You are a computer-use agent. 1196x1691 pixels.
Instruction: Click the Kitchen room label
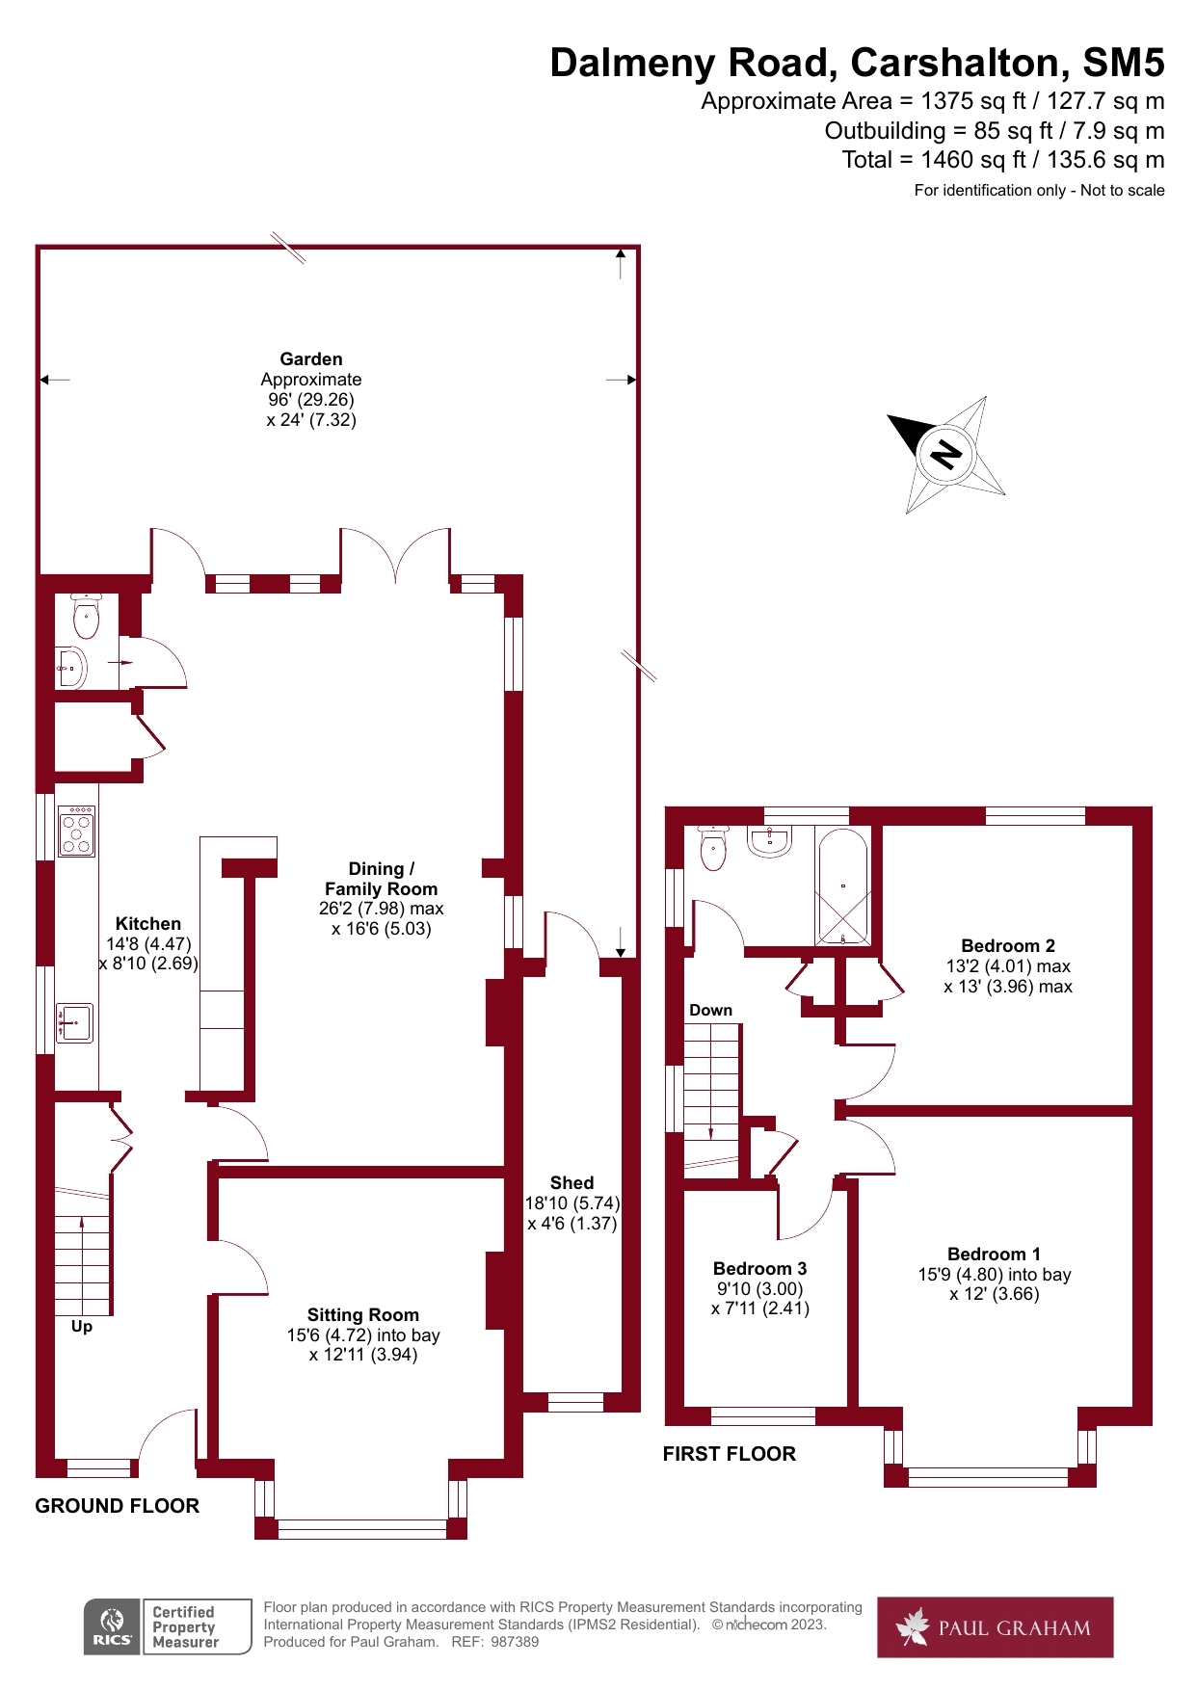tap(148, 923)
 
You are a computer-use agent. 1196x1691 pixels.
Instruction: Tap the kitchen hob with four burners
tap(77, 832)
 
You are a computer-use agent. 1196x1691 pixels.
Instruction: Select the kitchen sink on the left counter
tap(75, 1022)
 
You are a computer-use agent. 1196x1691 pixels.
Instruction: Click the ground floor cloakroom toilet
tap(87, 618)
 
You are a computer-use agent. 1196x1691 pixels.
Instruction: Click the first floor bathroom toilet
tap(713, 848)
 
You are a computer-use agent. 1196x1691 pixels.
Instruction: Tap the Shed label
tap(571, 1182)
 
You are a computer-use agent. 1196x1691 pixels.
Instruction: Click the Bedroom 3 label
tap(759, 1268)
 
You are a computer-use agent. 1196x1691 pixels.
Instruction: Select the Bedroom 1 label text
tap(994, 1254)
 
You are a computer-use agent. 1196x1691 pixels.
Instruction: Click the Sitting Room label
tap(363, 1314)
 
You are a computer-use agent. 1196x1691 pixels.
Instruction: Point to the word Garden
tap(311, 358)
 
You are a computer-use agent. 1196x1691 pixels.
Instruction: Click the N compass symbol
tap(946, 453)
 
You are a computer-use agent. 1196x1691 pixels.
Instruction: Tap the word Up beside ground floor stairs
tap(82, 1326)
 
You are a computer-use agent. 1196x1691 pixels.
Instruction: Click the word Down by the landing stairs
tap(710, 1010)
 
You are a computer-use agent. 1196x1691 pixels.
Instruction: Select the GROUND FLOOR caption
tap(118, 1505)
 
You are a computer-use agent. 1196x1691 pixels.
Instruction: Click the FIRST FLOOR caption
tap(730, 1453)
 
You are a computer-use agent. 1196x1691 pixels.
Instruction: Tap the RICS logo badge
tap(113, 1627)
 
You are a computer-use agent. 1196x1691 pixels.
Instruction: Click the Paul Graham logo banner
tap(995, 1627)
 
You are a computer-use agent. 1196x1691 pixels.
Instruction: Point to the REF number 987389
tap(515, 1642)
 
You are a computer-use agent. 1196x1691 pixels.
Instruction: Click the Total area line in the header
tap(1002, 160)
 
